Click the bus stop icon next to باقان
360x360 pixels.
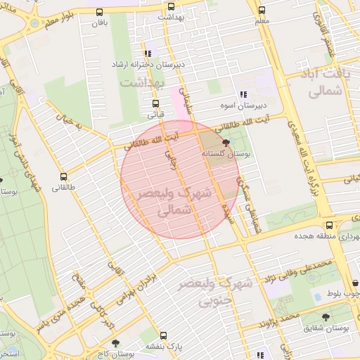tap(99, 12)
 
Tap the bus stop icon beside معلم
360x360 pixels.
tap(262, 11)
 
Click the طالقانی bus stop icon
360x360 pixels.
tap(63, 177)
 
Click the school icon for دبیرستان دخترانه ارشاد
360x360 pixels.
tap(147, 53)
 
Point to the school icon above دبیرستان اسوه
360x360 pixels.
tap(243, 94)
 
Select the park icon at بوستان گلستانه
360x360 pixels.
tap(225, 142)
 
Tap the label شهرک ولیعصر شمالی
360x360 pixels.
tap(162, 200)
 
